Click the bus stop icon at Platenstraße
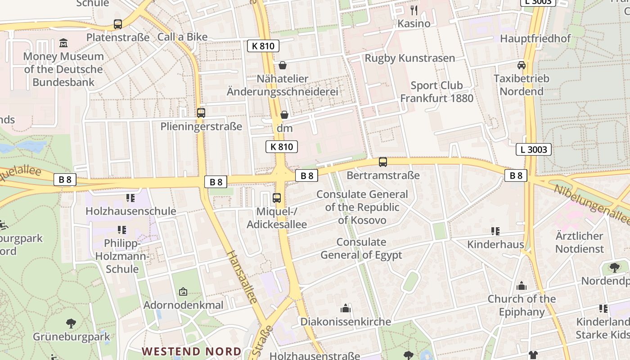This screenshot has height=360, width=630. [118, 24]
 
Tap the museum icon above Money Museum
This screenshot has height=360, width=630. [63, 43]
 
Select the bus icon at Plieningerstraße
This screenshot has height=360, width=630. [201, 113]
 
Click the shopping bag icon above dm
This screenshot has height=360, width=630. [284, 115]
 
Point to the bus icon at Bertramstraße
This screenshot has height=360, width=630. [383, 162]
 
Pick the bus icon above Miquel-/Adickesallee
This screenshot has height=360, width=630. [277, 198]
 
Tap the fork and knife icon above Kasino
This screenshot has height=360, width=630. [414, 10]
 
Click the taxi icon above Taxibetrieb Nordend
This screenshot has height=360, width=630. [522, 65]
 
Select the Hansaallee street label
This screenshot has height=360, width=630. [242, 277]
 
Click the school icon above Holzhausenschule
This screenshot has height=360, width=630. [130, 198]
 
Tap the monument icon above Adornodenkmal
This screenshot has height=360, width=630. [183, 292]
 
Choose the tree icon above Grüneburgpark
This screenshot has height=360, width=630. [71, 323]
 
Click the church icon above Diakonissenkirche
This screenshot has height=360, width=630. [345, 308]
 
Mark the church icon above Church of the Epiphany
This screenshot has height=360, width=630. [522, 286]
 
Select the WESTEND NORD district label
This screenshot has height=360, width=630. [191, 351]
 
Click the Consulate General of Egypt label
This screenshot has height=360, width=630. [361, 248]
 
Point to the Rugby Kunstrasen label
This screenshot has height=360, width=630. [409, 58]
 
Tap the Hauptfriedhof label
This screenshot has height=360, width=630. [535, 39]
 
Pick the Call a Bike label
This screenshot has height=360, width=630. [182, 37]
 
